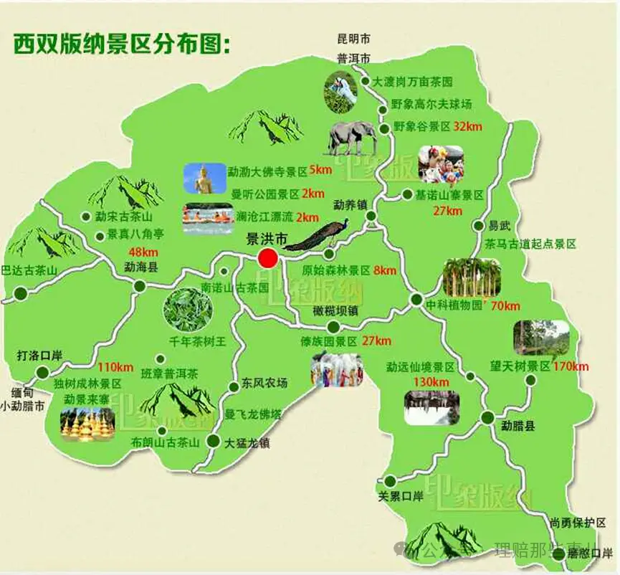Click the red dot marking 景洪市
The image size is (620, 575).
tap(268, 258)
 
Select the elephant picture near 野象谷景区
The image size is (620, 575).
tap(352, 138)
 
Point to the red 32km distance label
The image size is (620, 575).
tap(468, 126)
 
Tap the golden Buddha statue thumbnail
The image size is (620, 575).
tap(204, 179)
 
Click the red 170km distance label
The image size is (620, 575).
tap(571, 366)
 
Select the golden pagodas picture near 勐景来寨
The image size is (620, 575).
tap(87, 424)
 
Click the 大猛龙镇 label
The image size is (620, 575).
tap(247, 442)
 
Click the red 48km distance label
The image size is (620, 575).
tap(143, 251)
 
